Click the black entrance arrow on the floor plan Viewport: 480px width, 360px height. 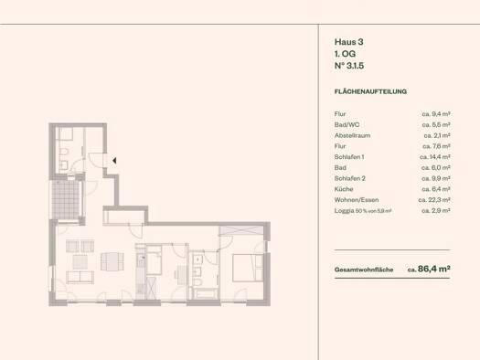point(114,160)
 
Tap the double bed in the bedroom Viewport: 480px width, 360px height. point(248,268)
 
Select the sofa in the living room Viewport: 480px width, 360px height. point(80,277)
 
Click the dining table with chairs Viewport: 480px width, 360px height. point(112,261)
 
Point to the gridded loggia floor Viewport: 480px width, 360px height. point(66,199)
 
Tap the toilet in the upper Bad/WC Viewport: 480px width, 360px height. point(64,152)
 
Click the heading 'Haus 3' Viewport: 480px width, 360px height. point(348,42)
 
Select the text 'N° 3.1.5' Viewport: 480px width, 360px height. point(349,66)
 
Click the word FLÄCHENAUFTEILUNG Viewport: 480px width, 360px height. point(370,91)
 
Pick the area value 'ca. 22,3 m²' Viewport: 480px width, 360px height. point(434,200)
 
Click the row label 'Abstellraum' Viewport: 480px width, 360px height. point(352,135)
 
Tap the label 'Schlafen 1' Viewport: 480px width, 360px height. point(349,157)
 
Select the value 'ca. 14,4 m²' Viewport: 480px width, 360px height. point(434,157)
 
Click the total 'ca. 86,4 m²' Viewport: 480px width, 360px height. point(429,270)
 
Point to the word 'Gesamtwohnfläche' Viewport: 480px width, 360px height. point(364,270)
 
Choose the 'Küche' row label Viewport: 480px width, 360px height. point(344,189)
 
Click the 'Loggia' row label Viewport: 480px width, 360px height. point(344,211)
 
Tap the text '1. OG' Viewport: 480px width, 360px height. point(345,54)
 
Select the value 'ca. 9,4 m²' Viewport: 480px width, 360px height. point(436,114)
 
